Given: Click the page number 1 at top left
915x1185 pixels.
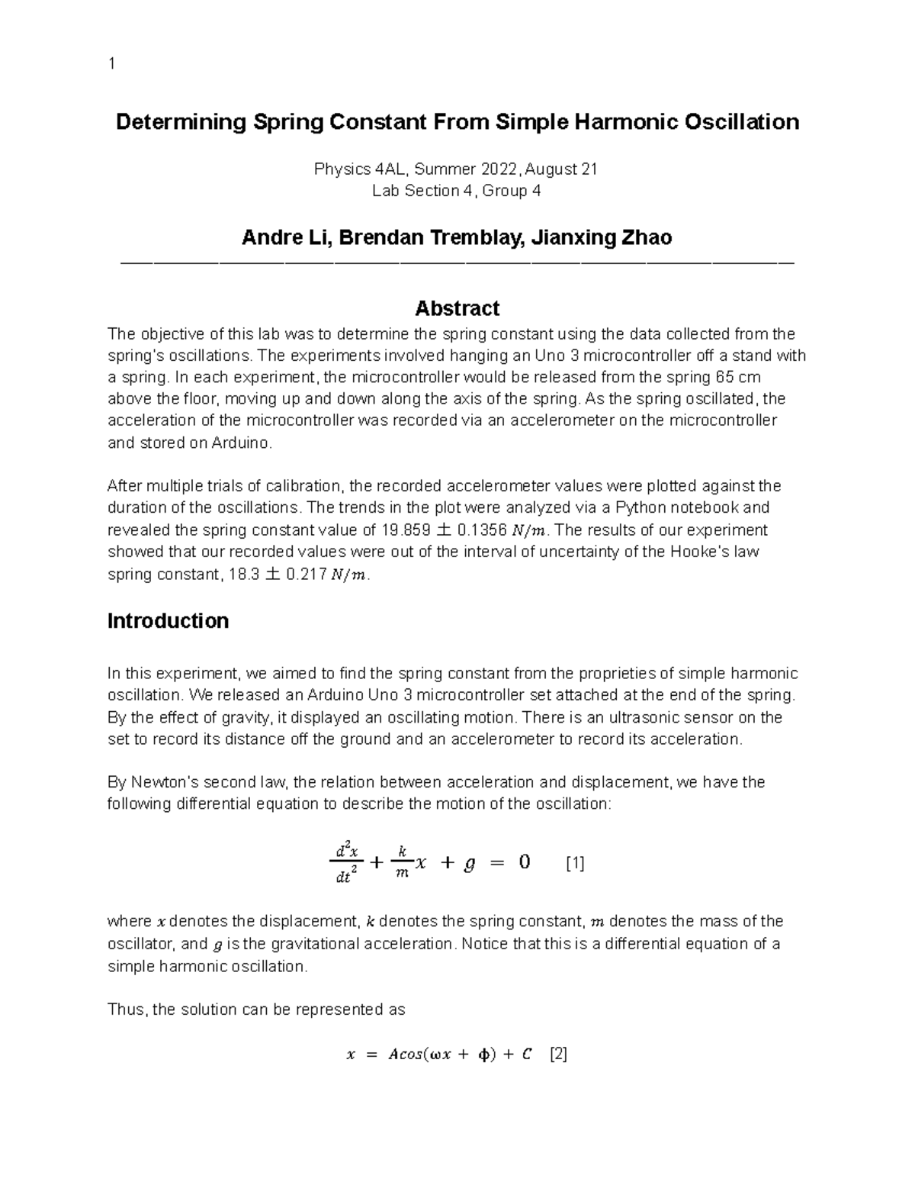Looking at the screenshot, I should tap(111, 63).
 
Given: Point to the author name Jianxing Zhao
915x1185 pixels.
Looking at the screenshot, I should tap(602, 238).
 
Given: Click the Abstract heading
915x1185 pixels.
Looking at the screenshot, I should tap(457, 308).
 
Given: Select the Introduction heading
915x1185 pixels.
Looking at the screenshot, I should tap(168, 620).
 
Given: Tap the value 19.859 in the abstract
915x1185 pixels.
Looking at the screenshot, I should tap(403, 530).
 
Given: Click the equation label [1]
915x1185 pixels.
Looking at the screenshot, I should tap(575, 863).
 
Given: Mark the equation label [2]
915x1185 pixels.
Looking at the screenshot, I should tap(558, 1055).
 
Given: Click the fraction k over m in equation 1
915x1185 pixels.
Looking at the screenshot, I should tap(402, 863).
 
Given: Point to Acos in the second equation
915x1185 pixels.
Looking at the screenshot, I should tap(408, 1055).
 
